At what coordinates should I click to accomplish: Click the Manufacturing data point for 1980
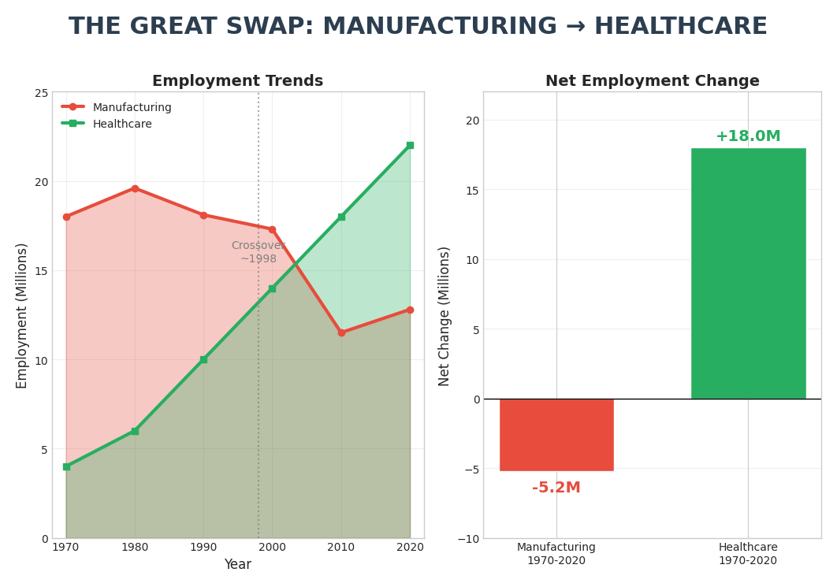point(135,188)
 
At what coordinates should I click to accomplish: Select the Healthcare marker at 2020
point(410,146)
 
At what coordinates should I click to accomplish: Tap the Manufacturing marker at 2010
point(341,333)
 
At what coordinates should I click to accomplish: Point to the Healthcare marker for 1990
point(203,359)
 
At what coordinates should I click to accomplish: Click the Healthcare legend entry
point(122,124)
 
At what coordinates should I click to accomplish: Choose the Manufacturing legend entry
point(132,108)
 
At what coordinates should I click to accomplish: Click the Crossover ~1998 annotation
point(259,252)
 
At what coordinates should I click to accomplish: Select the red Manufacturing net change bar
point(556,435)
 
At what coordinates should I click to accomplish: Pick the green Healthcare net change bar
point(748,273)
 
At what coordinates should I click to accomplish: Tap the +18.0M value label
point(748,136)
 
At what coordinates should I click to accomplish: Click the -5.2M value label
point(556,488)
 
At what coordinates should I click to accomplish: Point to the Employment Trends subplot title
point(237,81)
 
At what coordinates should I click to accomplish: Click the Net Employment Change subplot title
point(652,81)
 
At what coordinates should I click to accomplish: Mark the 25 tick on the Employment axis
point(40,92)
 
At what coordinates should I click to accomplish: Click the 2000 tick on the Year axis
point(272,547)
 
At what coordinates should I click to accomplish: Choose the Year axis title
point(237,565)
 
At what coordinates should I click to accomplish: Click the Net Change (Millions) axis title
point(445,316)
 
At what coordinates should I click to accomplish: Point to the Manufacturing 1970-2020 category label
point(556,554)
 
